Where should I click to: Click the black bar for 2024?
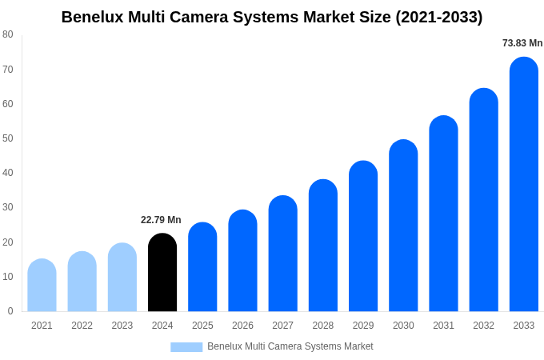(x=162, y=273)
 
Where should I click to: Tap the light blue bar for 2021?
(x=42, y=286)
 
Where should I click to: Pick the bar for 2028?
(x=323, y=246)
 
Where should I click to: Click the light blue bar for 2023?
(x=122, y=278)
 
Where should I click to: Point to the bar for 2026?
(x=242, y=261)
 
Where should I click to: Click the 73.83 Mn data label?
(x=522, y=43)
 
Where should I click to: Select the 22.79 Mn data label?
(x=161, y=220)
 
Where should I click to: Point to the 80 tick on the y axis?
(x=8, y=34)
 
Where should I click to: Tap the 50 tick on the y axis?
(x=8, y=138)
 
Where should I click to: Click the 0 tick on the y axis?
(x=10, y=311)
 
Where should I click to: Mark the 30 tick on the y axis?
(x=8, y=207)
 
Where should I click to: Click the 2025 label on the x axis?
(x=202, y=326)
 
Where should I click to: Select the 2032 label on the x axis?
(x=483, y=326)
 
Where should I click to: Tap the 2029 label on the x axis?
(x=363, y=326)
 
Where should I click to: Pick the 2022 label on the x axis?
(x=82, y=326)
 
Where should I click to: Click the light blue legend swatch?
(x=186, y=347)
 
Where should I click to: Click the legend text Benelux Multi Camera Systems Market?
(x=290, y=346)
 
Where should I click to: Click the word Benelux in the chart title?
(x=92, y=17)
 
